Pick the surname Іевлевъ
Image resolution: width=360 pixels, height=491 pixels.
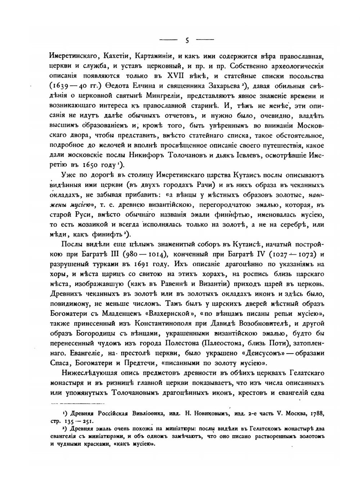click(x=248, y=155)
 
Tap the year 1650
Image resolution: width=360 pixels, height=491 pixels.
click(x=94, y=165)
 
